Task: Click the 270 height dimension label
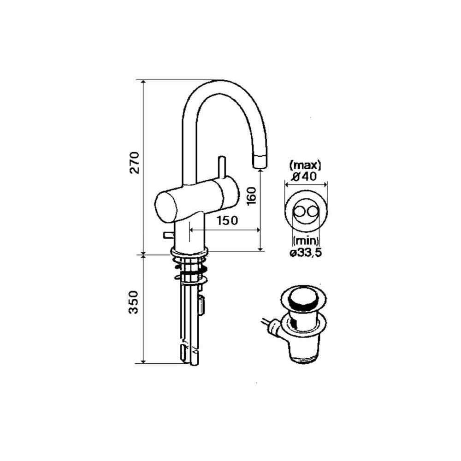[134, 163]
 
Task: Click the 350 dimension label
[134, 302]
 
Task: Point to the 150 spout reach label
[227, 220]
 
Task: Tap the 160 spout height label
[252, 196]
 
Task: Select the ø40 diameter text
[304, 177]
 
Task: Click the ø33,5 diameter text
[306, 253]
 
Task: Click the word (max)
[306, 166]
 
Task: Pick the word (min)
[306, 241]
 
